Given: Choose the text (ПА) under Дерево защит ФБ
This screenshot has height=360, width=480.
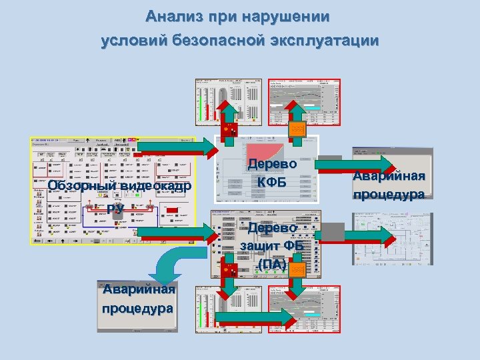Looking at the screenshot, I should [272, 265].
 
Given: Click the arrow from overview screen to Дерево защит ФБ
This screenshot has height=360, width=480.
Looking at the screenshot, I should [176, 233].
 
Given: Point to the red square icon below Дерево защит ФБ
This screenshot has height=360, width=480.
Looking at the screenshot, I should [229, 271].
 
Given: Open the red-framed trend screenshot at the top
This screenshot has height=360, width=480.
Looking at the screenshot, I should [305, 101].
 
